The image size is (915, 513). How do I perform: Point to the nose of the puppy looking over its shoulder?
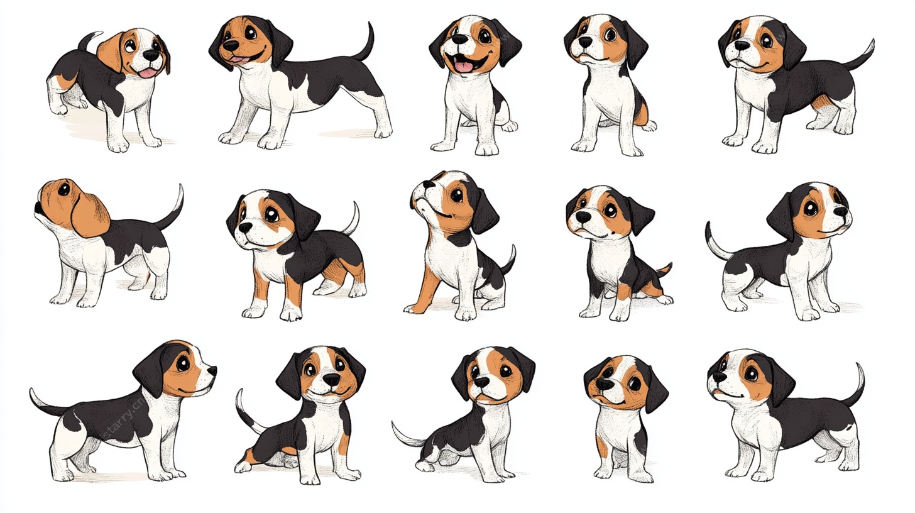click(x=152, y=55)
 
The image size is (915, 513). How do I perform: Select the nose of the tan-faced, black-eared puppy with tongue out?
click(x=231, y=45)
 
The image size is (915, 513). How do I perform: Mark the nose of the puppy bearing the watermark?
click(x=212, y=371)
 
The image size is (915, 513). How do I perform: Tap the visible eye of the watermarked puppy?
click(x=184, y=363)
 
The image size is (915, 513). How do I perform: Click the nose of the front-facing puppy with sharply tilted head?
click(x=605, y=384)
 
